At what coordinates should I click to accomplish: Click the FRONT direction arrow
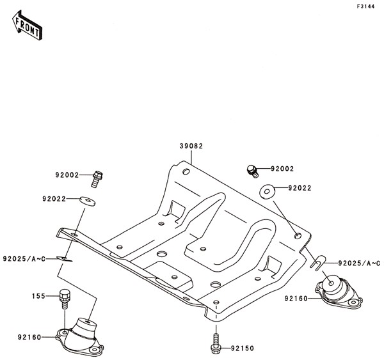pyautogui.click(x=27, y=25)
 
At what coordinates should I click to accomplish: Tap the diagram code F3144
pyautogui.click(x=365, y=6)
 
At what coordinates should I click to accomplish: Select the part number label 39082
pyautogui.click(x=191, y=146)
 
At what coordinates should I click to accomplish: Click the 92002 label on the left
pyautogui.click(x=67, y=175)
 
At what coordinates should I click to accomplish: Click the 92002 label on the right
pyautogui.click(x=282, y=169)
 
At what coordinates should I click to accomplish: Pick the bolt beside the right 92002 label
pyautogui.click(x=253, y=171)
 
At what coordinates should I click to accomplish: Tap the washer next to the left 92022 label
pyautogui.click(x=88, y=201)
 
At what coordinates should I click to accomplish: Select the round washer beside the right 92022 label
pyautogui.click(x=267, y=192)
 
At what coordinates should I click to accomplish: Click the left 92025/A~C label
pyautogui.click(x=24, y=259)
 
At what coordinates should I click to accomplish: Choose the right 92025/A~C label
pyautogui.click(x=359, y=263)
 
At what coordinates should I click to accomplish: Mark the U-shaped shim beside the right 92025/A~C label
pyautogui.click(x=318, y=263)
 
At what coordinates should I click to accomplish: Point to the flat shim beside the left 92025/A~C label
pyautogui.click(x=65, y=259)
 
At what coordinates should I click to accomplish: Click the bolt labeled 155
pyautogui.click(x=65, y=299)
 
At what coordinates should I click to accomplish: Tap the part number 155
pyautogui.click(x=38, y=296)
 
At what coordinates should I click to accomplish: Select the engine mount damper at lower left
pyautogui.click(x=79, y=337)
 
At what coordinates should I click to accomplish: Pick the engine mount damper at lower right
pyautogui.click(x=339, y=292)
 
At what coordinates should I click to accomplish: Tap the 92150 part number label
pyautogui.click(x=242, y=348)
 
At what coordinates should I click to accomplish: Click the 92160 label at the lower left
pyautogui.click(x=29, y=338)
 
